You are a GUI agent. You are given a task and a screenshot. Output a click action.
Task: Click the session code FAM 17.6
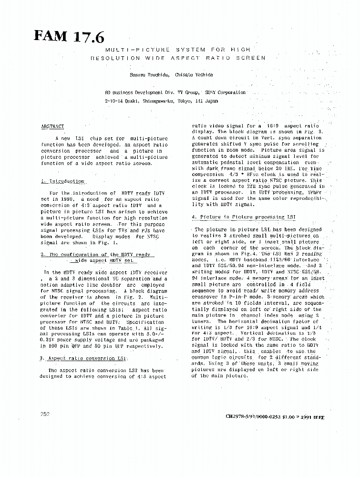(x=69, y=36)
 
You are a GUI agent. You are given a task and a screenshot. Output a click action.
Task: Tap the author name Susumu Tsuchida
(x=148, y=75)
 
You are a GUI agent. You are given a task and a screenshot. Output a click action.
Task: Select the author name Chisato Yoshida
(x=194, y=75)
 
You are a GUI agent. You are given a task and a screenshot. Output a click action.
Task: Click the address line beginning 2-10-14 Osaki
(x=161, y=101)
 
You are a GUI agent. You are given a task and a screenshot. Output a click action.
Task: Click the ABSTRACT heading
(x=52, y=126)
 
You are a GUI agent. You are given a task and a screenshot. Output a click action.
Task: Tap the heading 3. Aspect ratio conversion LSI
(x=84, y=358)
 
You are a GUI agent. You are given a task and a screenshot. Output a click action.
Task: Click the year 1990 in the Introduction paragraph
(x=68, y=199)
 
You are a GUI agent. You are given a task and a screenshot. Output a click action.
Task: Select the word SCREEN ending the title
(x=254, y=58)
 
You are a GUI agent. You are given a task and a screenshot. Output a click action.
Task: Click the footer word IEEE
(x=319, y=417)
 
